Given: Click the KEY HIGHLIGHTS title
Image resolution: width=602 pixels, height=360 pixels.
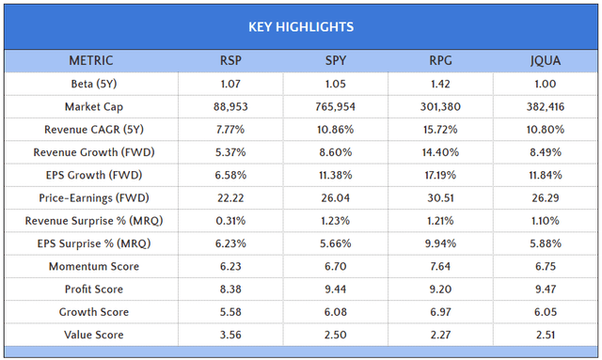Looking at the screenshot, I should coord(301,26).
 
